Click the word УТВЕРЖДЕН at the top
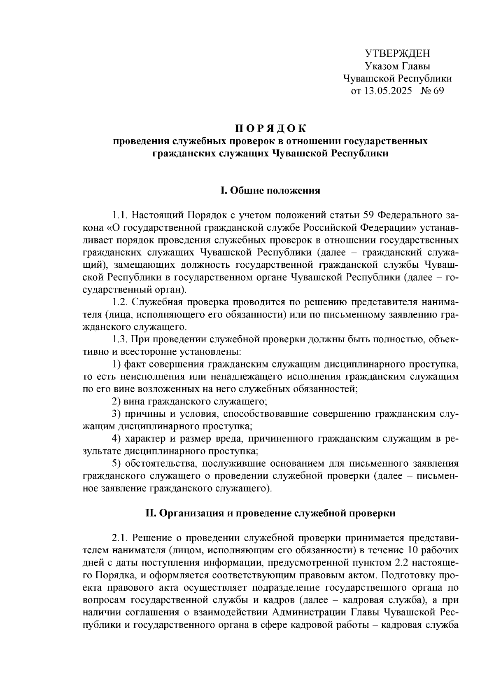tap(397, 54)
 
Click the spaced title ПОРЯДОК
tap(270, 129)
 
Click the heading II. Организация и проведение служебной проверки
tap(270, 513)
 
